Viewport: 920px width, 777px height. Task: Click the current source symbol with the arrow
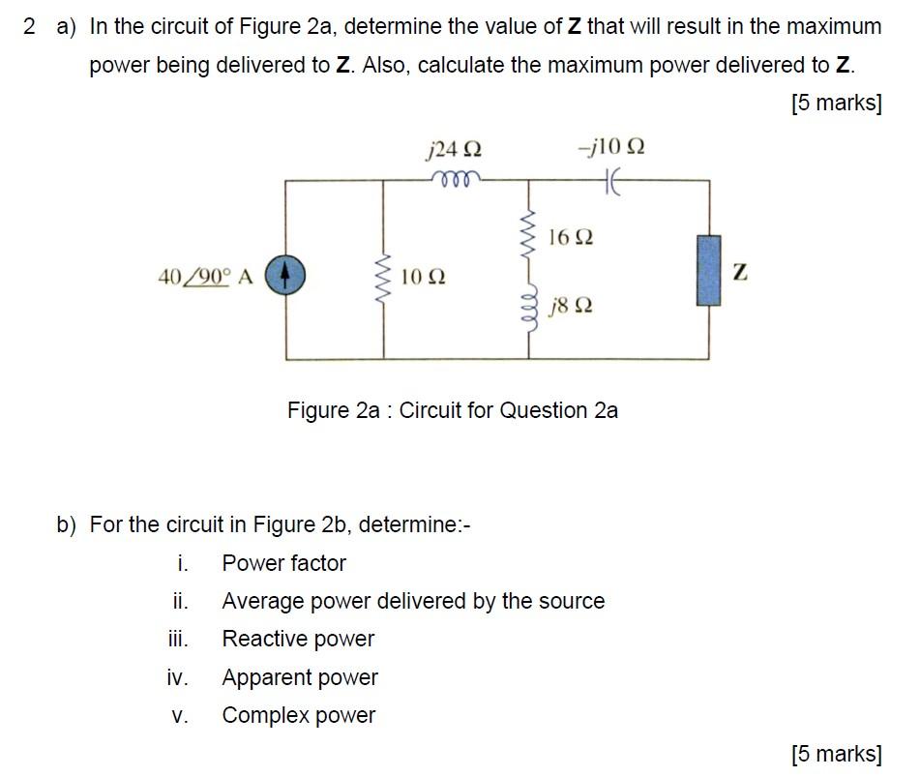[x=285, y=276]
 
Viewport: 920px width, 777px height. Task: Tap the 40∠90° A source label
[x=204, y=277]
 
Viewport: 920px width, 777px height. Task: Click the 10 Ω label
[x=423, y=278]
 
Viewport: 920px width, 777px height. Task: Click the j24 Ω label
[x=453, y=150]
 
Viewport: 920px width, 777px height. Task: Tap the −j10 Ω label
[x=610, y=148]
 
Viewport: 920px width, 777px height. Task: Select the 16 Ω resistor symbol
[x=528, y=232]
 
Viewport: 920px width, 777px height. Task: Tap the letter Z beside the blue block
[x=740, y=274]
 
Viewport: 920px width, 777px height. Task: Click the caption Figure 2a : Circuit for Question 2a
[x=453, y=410]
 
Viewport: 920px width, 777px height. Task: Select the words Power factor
[x=283, y=563]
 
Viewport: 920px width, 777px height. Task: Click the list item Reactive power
[x=298, y=639]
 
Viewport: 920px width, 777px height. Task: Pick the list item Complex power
[x=298, y=715]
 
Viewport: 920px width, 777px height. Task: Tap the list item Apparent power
[x=300, y=677]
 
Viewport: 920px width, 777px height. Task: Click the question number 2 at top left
[x=30, y=27]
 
